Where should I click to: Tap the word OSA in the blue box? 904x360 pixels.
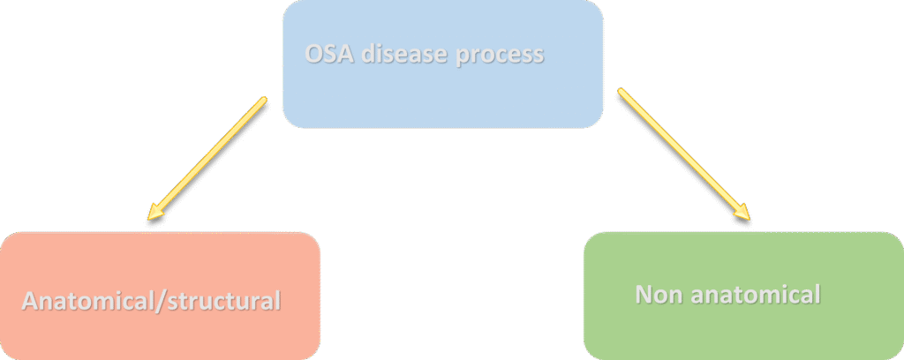tap(326, 54)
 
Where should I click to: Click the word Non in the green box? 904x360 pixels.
tap(656, 294)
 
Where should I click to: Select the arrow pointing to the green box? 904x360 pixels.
tap(682, 154)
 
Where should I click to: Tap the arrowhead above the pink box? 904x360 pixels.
tap(156, 212)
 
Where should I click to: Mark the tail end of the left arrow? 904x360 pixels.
tap(263, 99)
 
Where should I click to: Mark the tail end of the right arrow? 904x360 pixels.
tap(621, 92)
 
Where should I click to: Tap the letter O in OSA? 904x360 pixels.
tap(313, 54)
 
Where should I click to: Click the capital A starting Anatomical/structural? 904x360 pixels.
tap(28, 301)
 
